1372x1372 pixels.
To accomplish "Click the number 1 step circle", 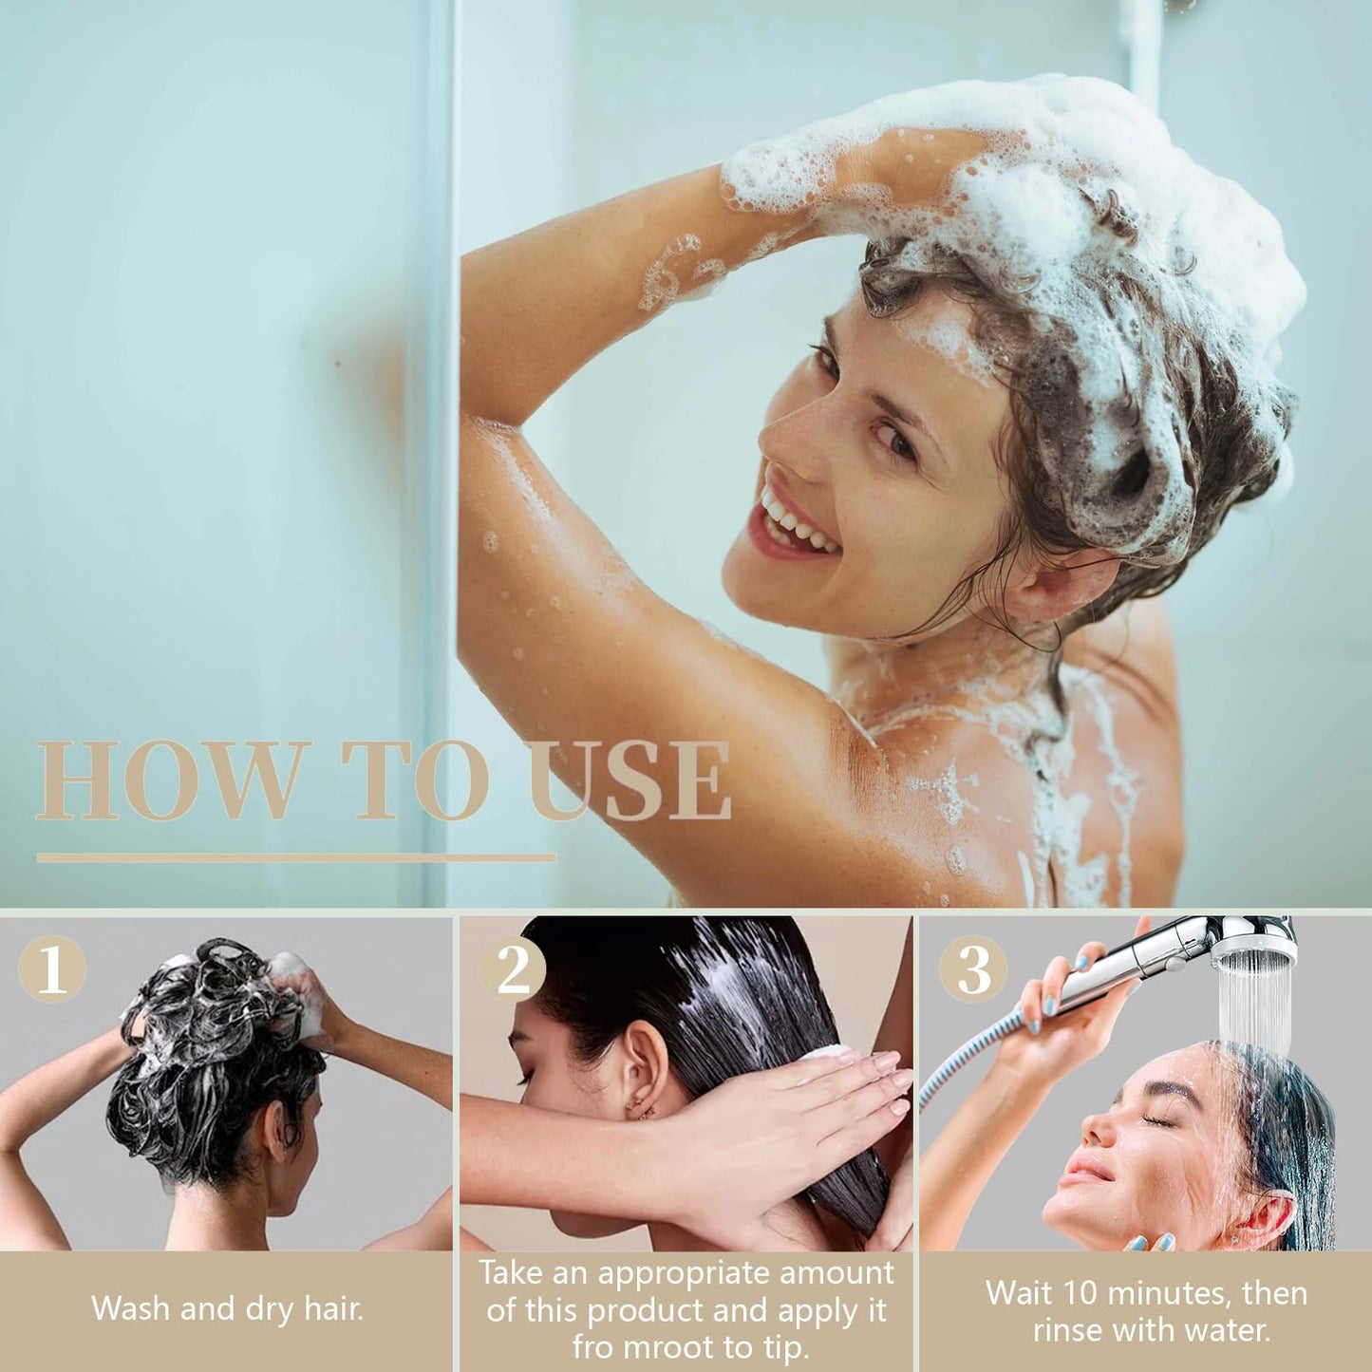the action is [52, 968].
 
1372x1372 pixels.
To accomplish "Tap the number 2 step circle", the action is [513, 968].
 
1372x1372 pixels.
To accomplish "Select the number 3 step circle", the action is [973, 968].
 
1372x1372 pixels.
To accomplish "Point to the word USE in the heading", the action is [630, 781].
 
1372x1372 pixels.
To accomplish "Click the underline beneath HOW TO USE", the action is [296, 858].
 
